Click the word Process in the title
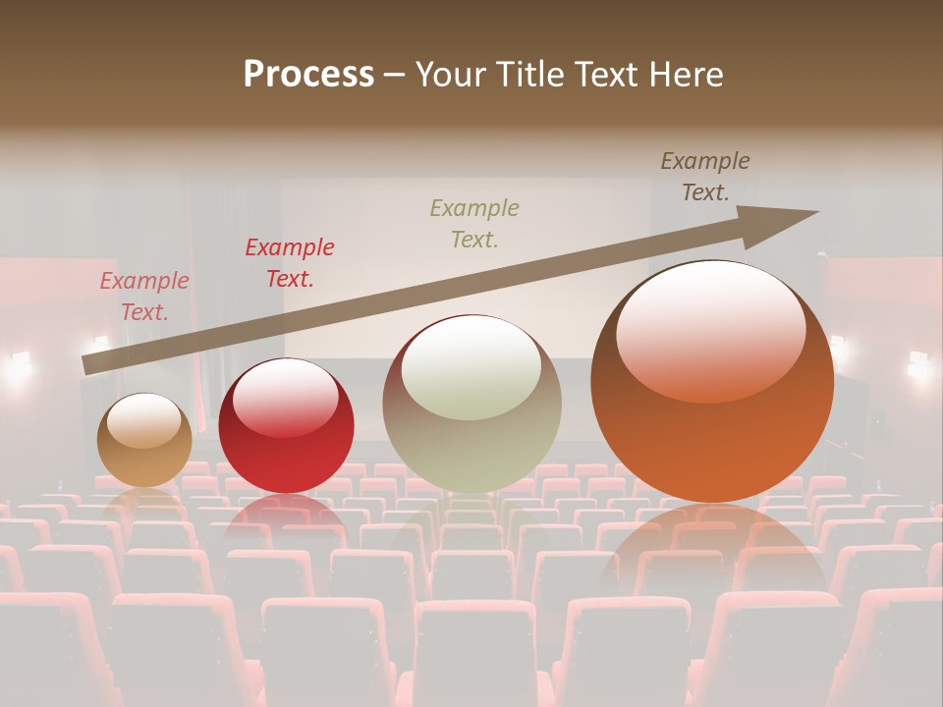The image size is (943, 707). tap(308, 75)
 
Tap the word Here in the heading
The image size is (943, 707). tap(687, 75)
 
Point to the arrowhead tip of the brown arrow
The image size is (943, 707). tap(816, 212)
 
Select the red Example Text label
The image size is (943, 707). tap(290, 263)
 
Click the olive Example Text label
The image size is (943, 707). tap(474, 223)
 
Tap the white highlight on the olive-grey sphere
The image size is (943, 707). tap(471, 366)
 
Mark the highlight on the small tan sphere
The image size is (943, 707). tap(144, 421)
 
